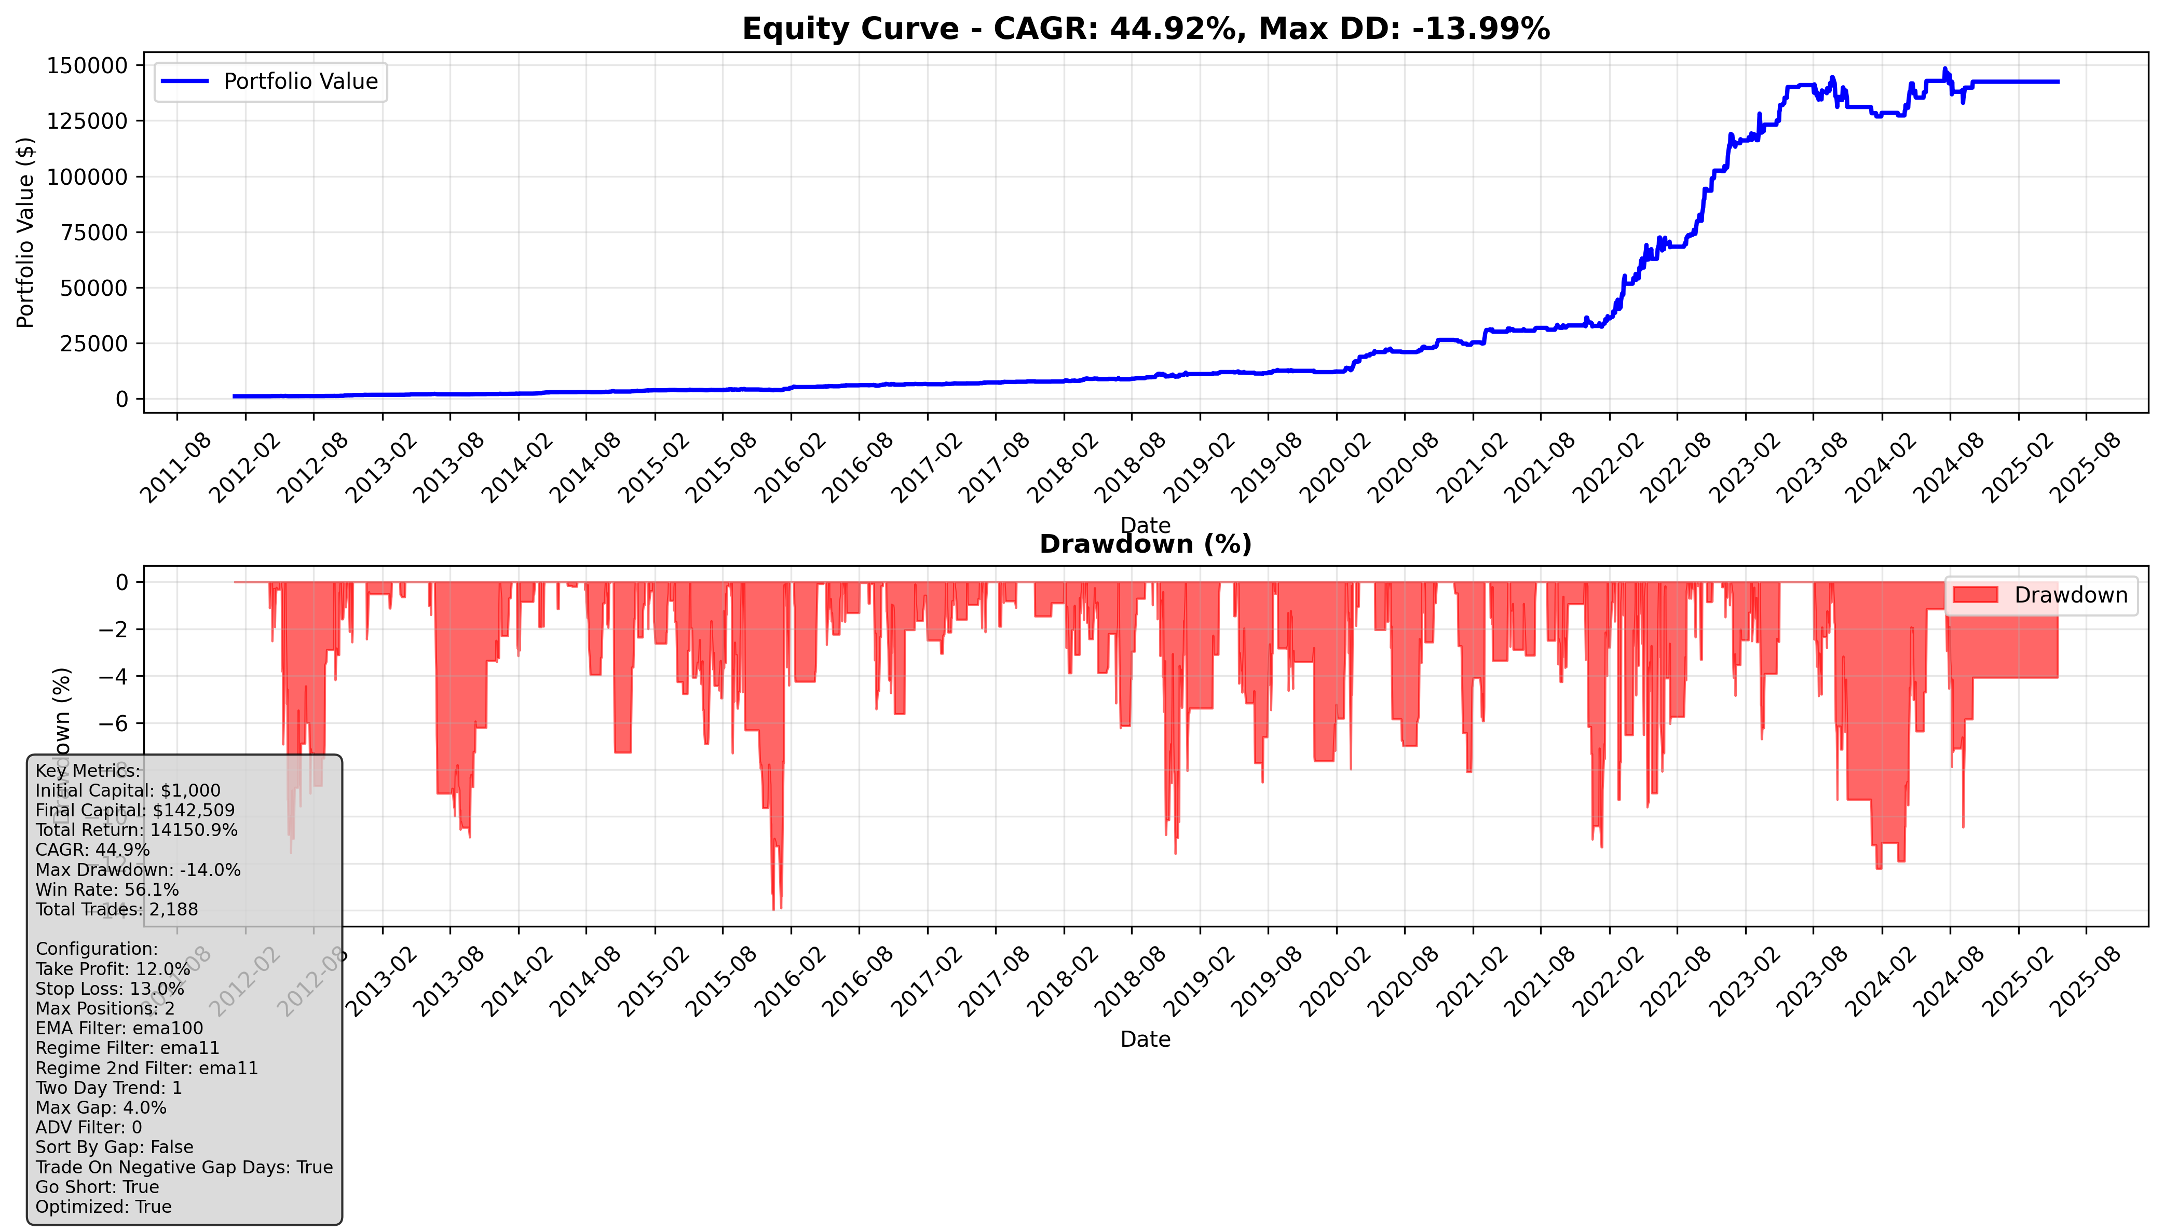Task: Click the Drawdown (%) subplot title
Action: pyautogui.click(x=1145, y=544)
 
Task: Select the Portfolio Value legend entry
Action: pyautogui.click(x=271, y=82)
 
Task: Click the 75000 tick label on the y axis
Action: pyautogui.click(x=93, y=232)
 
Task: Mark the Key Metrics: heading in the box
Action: pyautogui.click(x=88, y=771)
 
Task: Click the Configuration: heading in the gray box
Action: pyautogui.click(x=97, y=949)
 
